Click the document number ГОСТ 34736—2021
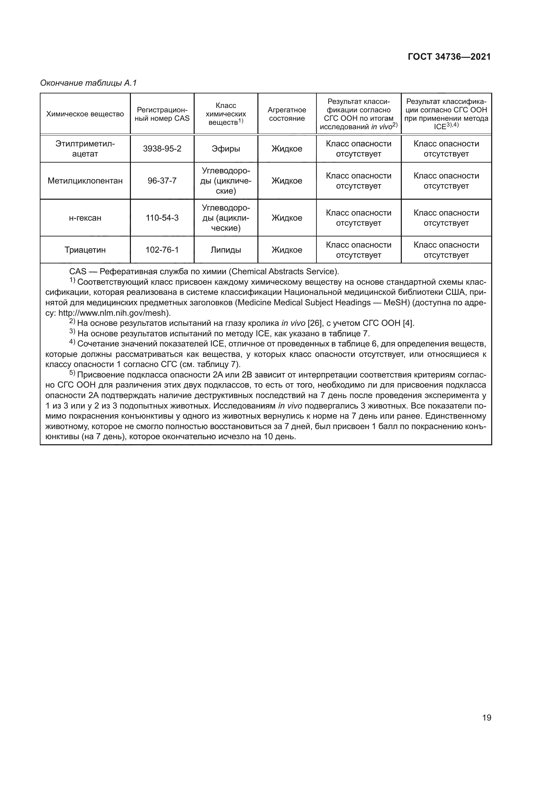tap(449, 57)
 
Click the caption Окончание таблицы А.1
tap(88, 83)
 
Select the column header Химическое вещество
tap(85, 114)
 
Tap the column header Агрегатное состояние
tap(286, 114)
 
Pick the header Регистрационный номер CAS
tap(162, 114)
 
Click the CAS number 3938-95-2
tap(162, 149)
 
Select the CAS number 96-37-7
tap(162, 181)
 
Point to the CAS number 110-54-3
tap(162, 218)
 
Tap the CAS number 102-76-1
tap(162, 250)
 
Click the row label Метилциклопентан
tap(85, 181)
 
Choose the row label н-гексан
tap(85, 218)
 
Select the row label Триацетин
tap(85, 250)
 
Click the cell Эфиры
tap(226, 149)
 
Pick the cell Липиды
tap(226, 250)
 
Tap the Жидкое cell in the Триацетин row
tap(286, 250)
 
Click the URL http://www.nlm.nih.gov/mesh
tap(114, 313)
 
